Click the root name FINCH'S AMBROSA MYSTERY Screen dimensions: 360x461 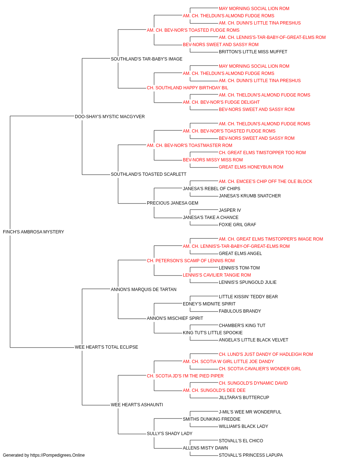33,232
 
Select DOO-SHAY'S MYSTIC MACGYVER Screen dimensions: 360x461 109,117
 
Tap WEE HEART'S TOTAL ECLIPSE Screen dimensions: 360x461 106,347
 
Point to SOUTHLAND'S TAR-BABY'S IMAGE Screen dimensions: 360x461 147,59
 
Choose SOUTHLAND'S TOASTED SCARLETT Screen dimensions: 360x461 148,174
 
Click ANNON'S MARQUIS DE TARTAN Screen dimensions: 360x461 144,290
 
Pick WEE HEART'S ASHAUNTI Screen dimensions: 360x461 137,405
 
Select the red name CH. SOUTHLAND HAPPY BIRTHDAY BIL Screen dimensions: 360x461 188,88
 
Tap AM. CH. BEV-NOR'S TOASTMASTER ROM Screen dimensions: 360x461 189,146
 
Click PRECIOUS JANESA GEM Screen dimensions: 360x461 172,203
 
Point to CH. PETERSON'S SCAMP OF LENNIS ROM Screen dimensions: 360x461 190,261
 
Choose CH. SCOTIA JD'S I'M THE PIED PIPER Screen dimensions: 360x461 185,376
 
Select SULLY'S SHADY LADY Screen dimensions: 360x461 170,434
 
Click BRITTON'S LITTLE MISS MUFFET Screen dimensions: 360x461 253,52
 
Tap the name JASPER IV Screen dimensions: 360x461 230,210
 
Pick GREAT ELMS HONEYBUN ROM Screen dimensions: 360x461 251,167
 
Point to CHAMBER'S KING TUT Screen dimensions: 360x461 242,326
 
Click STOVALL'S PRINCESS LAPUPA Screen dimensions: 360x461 251,455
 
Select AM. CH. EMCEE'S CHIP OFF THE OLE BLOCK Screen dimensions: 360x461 265,182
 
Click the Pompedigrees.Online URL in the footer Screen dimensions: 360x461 57,455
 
